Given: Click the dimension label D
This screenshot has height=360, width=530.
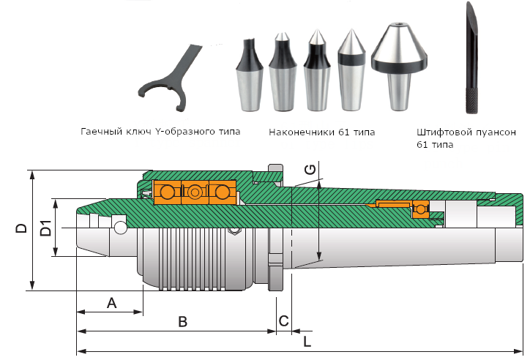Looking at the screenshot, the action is coord(21,228).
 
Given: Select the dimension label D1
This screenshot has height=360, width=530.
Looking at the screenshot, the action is coord(45,228).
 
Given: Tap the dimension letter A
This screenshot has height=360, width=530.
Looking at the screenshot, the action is coord(111,303).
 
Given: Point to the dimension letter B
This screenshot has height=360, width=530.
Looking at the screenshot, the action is coord(182,322).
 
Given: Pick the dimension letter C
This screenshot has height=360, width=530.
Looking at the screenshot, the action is coord(283,320).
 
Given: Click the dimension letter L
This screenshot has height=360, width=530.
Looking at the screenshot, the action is coord(307,342).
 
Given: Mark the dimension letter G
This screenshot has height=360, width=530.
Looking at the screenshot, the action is coord(310,169).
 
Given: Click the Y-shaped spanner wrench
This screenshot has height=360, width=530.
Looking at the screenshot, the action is coord(169,78).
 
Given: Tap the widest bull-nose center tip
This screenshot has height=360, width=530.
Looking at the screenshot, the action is coord(399,67).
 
